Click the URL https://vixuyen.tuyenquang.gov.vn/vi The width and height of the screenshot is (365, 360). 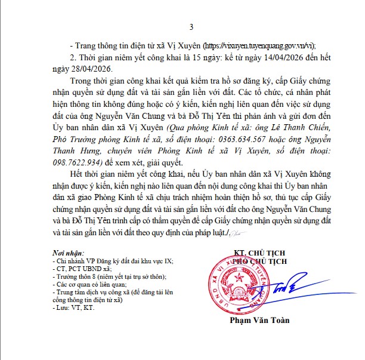pyautogui.click(x=258, y=46)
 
